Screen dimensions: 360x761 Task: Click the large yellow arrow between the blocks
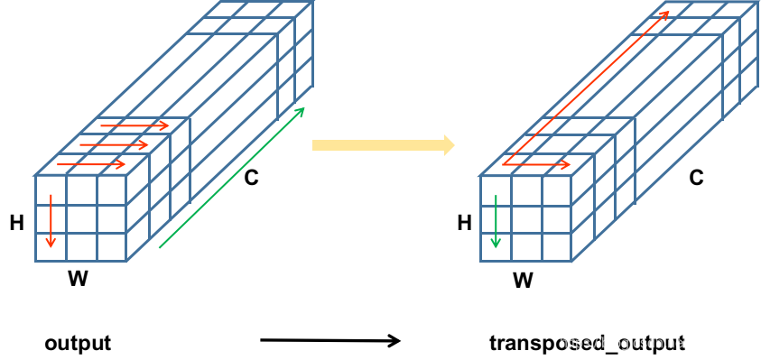click(379, 145)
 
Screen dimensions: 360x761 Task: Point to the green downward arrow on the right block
click(495, 221)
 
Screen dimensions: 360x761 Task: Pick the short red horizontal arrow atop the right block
click(538, 165)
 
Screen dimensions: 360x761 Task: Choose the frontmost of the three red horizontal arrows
click(91, 164)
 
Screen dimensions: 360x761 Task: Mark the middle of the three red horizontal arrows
click(114, 144)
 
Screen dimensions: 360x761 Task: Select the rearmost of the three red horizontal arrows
click(135, 125)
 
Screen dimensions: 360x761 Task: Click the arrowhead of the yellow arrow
click(449, 145)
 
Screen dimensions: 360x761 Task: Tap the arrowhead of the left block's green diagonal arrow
click(301, 112)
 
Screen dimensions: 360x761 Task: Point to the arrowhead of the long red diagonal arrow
click(664, 14)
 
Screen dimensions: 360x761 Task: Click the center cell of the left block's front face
click(81, 219)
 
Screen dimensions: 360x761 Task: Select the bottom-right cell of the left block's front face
click(112, 247)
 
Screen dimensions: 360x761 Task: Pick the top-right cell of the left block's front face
click(112, 190)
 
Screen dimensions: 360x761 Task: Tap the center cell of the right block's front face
click(525, 219)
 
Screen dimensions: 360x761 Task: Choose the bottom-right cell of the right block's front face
click(556, 247)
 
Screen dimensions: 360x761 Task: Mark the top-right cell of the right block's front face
click(556, 190)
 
